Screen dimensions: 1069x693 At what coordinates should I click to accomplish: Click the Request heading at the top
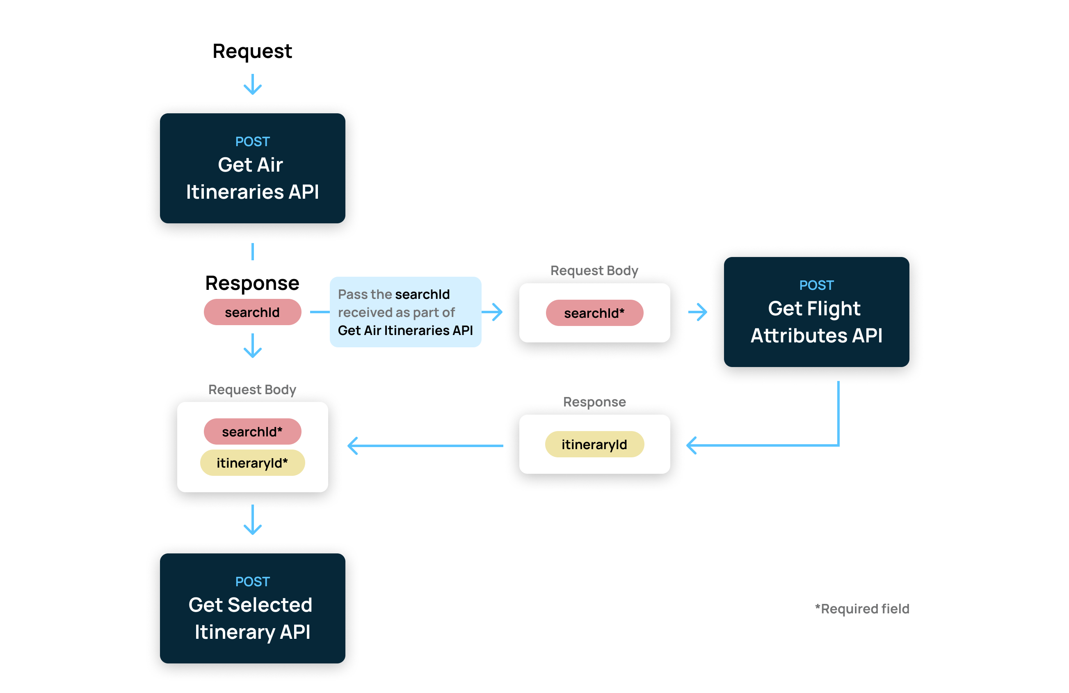(252, 51)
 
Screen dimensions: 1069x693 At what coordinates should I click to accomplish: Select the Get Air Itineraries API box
(252, 168)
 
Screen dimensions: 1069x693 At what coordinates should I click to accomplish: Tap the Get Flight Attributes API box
(816, 312)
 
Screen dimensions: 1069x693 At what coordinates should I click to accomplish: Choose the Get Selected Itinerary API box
(252, 608)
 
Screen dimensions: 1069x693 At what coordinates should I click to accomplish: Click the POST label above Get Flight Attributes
(816, 285)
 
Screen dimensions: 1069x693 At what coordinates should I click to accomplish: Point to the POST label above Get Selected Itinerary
(252, 582)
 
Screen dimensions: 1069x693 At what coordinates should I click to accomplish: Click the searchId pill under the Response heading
(252, 312)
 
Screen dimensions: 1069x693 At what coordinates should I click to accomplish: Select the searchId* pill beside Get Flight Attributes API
(594, 313)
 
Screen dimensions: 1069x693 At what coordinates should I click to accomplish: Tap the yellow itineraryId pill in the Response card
(594, 444)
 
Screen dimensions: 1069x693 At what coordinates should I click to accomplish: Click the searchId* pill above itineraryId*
(252, 431)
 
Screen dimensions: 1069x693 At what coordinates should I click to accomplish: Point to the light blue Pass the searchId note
(405, 312)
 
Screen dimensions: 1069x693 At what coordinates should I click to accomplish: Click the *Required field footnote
(862, 608)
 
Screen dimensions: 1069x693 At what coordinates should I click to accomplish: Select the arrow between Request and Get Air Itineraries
(252, 84)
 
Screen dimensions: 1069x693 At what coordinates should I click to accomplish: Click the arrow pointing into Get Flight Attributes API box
(697, 312)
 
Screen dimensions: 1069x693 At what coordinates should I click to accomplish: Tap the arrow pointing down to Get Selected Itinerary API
(252, 519)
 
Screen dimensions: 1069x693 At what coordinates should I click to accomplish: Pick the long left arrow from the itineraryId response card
(425, 446)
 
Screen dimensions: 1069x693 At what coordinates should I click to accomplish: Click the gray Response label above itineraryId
(594, 402)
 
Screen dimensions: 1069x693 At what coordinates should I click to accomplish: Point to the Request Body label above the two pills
(252, 390)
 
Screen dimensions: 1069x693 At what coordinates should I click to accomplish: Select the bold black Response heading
(252, 283)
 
